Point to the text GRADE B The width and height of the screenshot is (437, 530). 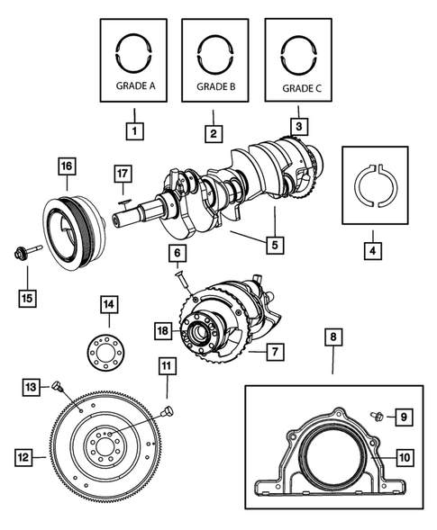click(x=214, y=88)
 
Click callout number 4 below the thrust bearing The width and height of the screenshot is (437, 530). click(x=371, y=250)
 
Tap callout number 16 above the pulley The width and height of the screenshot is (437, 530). click(x=67, y=166)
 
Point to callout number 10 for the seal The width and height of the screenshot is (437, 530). click(x=404, y=457)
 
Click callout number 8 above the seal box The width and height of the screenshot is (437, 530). click(x=332, y=338)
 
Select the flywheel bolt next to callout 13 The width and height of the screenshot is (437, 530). click(x=57, y=387)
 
